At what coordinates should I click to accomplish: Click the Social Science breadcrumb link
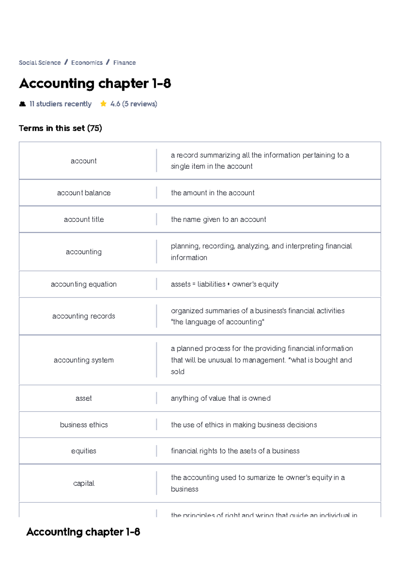coord(40,63)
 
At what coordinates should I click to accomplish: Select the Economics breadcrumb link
coord(87,63)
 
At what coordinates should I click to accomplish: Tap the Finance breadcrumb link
coord(124,63)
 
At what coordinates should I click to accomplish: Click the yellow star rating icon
coord(103,104)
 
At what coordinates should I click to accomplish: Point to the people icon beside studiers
coord(22,104)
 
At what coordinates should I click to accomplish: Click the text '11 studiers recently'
coord(60,104)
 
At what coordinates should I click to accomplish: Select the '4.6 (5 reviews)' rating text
coord(134,104)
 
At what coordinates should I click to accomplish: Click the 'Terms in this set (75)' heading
coord(60,128)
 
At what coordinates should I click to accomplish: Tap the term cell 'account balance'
coord(84,193)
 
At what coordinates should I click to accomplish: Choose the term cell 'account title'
coord(84,219)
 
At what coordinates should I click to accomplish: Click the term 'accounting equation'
coord(84,284)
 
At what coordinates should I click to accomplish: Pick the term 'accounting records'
coord(84,316)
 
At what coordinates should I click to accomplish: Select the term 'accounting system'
coord(84,360)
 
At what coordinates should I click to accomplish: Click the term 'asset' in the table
coord(84,398)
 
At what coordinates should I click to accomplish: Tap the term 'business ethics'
coord(84,425)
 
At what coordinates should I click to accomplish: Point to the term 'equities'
coord(84,451)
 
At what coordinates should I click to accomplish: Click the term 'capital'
coord(84,483)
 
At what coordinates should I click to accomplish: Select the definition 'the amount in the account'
coord(212,193)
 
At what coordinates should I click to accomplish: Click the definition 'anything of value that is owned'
coord(220,398)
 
